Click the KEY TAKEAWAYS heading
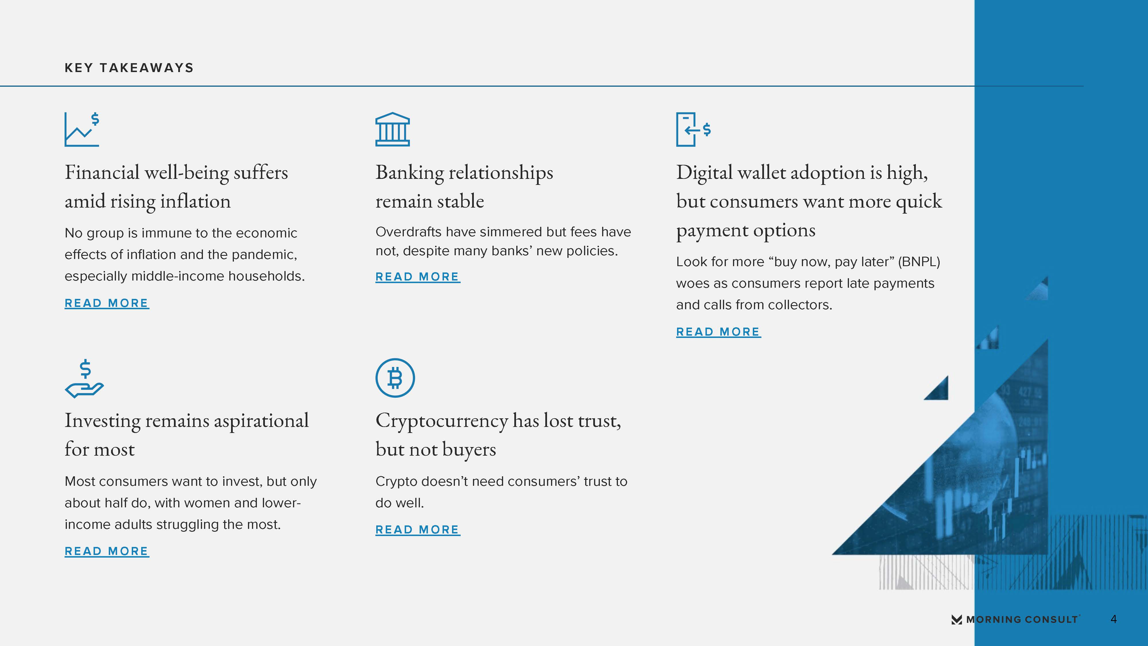[x=129, y=68]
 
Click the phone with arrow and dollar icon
[x=693, y=129]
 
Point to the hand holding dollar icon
[x=84, y=378]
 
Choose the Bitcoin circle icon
[x=395, y=378]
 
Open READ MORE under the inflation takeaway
[x=106, y=303]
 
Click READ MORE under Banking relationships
[x=418, y=277]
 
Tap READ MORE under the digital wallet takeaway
[x=718, y=332]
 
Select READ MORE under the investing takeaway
[x=106, y=552]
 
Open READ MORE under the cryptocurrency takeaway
[x=418, y=530]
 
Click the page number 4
[x=1114, y=619]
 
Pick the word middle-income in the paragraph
[x=178, y=276]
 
